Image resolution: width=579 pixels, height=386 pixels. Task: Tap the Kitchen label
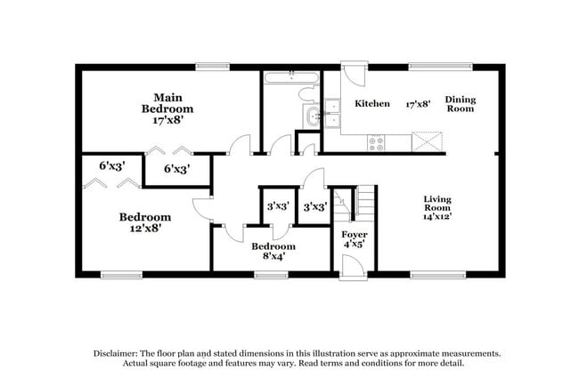(372, 104)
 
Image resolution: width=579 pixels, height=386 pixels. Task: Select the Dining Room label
(461, 104)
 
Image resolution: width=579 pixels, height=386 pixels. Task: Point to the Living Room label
(438, 205)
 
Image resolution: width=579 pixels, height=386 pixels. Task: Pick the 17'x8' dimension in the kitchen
(418, 104)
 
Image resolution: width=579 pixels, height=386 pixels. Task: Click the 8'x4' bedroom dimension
(273, 258)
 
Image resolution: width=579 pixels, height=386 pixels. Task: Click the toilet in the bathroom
(306, 96)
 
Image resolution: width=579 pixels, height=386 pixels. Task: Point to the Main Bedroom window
(213, 66)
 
